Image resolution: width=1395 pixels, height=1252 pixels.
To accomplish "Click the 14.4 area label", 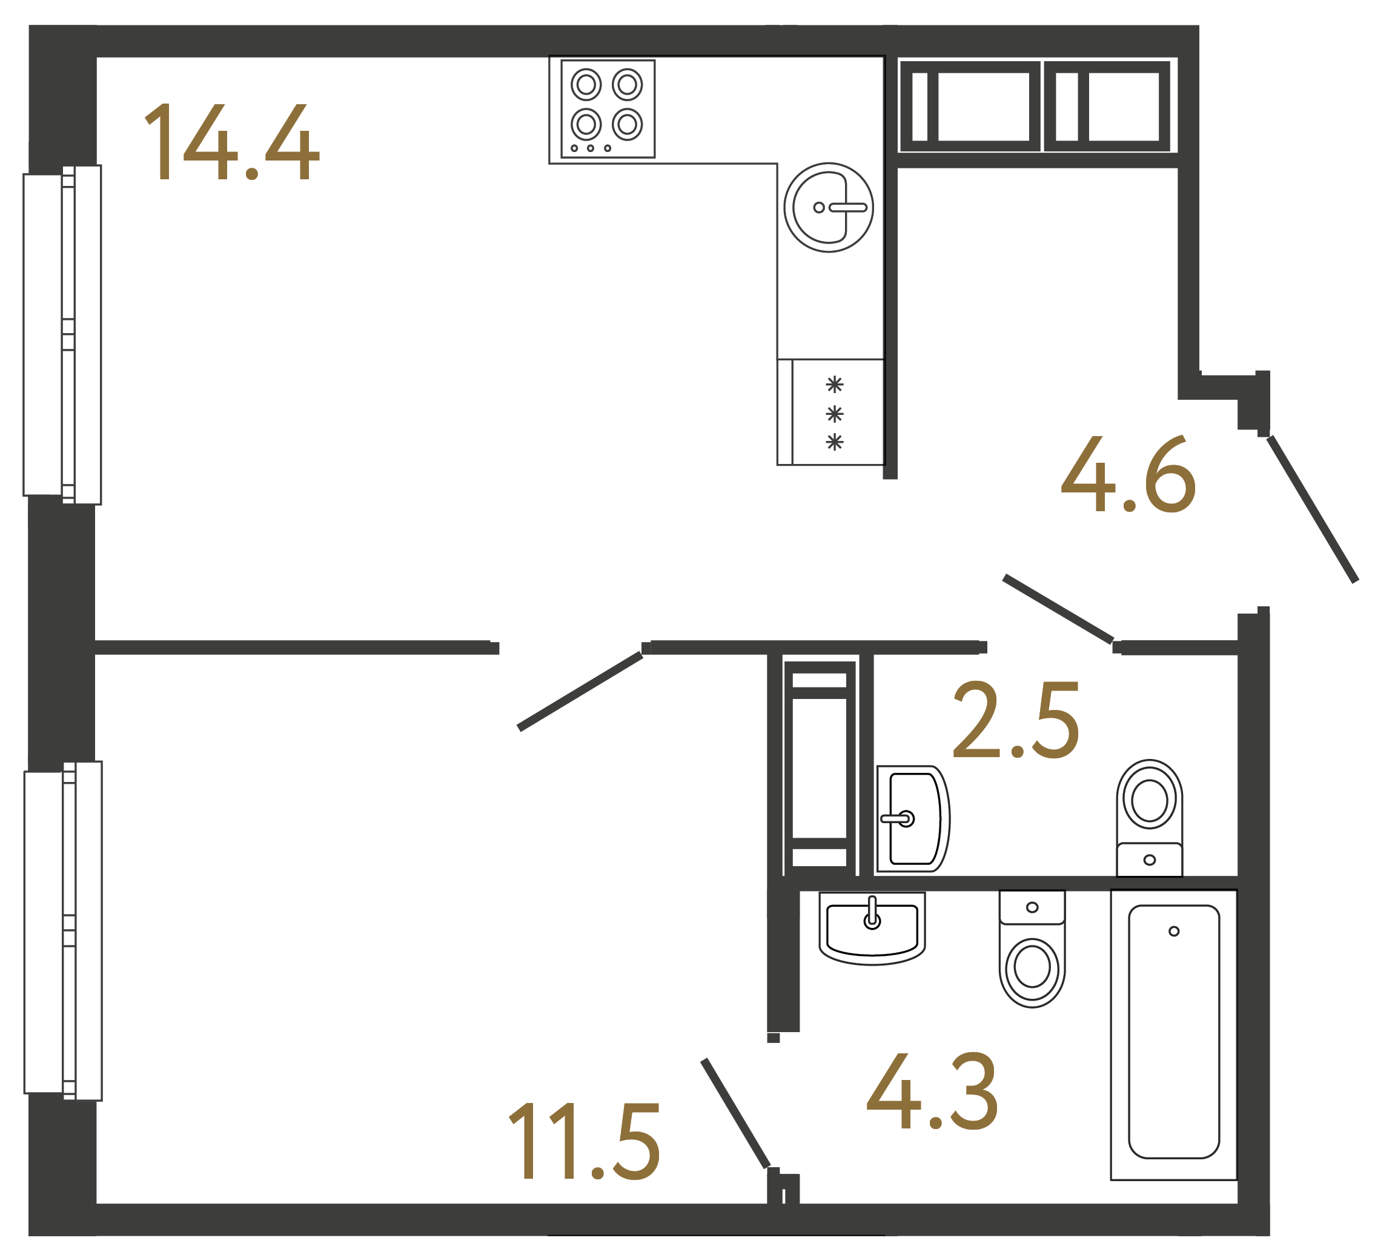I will pos(231,142).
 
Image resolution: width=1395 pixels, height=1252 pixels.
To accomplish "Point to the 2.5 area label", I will pos(1016,720).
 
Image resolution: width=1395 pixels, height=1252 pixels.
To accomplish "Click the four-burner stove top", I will pos(608,108).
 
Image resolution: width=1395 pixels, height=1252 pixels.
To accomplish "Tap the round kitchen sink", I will pos(828,207).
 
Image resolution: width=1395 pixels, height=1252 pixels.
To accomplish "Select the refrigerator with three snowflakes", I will pos(830,412).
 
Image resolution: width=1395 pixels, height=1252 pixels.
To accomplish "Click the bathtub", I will pos(1173,1035).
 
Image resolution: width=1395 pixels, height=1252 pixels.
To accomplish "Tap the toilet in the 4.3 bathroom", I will pos(1032,949).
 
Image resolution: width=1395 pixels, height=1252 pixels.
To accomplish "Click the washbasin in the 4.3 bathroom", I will pos(872,927).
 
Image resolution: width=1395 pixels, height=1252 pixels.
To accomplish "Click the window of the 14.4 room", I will pos(62,335).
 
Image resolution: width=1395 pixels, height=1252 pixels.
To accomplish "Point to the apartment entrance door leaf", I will pos(1313,509).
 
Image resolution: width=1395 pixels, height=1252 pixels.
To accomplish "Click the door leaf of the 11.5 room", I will pos(580,691).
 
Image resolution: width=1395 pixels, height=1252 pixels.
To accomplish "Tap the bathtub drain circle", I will pos(1173,932).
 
